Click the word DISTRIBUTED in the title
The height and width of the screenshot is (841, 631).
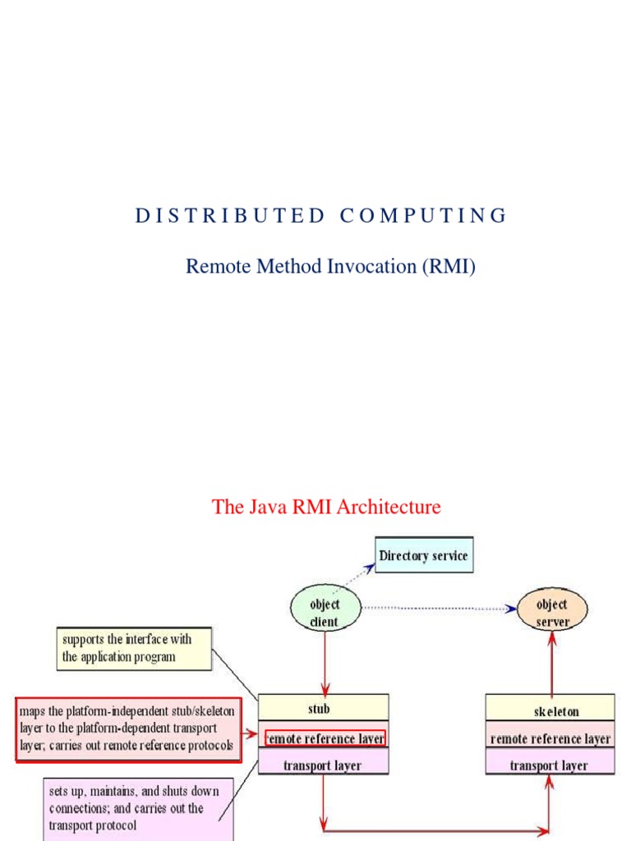coord(230,216)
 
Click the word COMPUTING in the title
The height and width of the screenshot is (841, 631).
coord(423,216)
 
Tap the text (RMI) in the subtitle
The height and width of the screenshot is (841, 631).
coord(449,266)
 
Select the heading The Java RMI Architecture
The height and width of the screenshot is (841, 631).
coord(326,507)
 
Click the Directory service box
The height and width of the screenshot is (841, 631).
coord(424,556)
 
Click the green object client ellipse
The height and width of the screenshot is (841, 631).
coord(325,612)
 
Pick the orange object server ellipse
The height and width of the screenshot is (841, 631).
coord(552,612)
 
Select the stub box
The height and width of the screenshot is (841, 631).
coord(323,708)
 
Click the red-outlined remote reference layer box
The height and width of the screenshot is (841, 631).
coord(325,738)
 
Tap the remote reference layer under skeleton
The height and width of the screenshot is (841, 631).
coord(550,738)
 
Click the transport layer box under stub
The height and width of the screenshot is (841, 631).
coord(323,765)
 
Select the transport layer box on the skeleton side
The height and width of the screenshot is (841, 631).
coord(550,765)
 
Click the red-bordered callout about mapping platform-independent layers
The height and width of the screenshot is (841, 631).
coord(127,729)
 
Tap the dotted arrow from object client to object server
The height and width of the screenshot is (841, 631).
coord(435,609)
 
